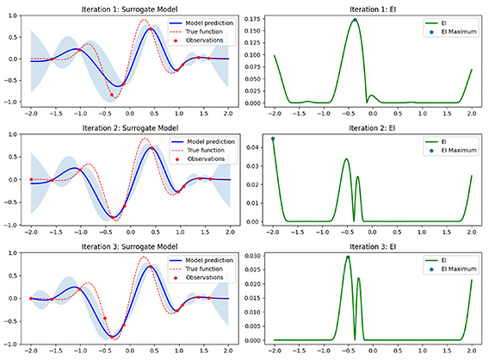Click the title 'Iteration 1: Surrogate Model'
(129, 6)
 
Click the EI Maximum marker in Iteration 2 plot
(273, 139)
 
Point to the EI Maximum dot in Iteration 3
(348, 258)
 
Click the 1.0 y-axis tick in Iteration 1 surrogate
(17, 16)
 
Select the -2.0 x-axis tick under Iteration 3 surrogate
(30, 351)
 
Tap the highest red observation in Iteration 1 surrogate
(151, 28)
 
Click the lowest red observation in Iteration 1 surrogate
(111, 95)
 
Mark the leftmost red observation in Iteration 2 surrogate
(31, 179)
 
